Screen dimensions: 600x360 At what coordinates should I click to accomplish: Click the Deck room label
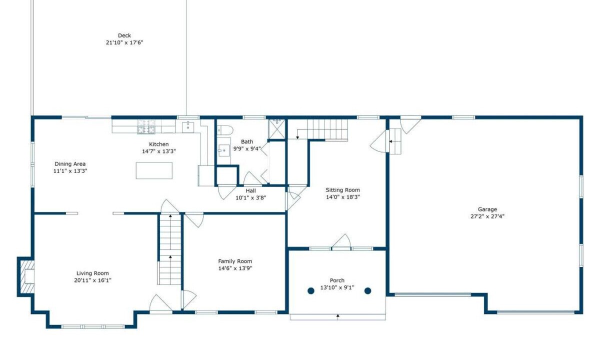point(124,35)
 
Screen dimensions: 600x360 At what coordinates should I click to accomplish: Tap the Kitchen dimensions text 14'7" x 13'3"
point(159,151)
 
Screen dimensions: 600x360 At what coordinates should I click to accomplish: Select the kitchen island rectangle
point(154,170)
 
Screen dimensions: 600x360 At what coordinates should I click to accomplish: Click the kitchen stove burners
point(146,126)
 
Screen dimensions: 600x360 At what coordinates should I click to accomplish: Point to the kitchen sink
point(188,127)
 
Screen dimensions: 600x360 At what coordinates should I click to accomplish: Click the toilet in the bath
point(225,130)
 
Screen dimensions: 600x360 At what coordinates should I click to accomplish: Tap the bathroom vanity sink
point(223,150)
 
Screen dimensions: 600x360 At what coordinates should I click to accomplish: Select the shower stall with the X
point(277,129)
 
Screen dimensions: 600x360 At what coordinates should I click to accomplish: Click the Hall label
point(250,190)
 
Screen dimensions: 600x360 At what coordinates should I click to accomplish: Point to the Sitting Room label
point(342,190)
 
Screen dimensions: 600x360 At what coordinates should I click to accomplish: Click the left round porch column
point(310,290)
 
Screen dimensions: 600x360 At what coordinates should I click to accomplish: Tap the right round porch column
point(368,290)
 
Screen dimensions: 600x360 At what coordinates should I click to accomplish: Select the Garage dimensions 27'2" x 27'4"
point(487,216)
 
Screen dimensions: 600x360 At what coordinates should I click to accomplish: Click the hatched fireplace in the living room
point(26,276)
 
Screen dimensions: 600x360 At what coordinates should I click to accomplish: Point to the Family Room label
point(235,261)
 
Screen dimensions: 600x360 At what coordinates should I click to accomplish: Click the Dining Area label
point(70,164)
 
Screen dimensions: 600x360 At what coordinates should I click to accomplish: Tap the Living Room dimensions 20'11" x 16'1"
point(92,280)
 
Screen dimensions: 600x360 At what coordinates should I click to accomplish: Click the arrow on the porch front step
point(338,317)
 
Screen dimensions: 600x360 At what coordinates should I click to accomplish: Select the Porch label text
point(337,280)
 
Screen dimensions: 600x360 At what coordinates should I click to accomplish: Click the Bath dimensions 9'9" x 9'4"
point(247,148)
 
